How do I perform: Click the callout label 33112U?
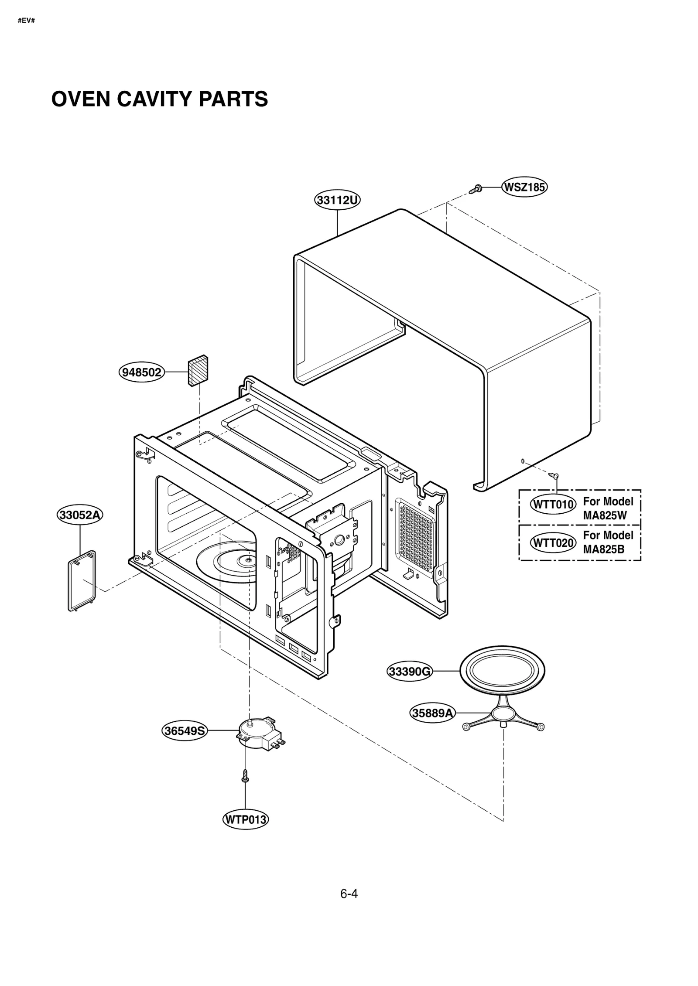point(337,200)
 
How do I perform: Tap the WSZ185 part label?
point(524,188)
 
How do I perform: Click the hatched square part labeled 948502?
point(198,370)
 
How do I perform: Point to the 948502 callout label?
point(142,372)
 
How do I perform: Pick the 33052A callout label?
point(80,515)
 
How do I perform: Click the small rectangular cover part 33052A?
point(82,580)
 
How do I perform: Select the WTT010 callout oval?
point(553,505)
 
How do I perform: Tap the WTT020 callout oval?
point(553,543)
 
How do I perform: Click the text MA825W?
point(605,516)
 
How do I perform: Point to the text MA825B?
point(604,549)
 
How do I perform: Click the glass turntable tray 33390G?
point(502,671)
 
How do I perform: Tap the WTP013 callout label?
point(245,819)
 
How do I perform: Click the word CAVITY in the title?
point(155,99)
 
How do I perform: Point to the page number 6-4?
point(349,894)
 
